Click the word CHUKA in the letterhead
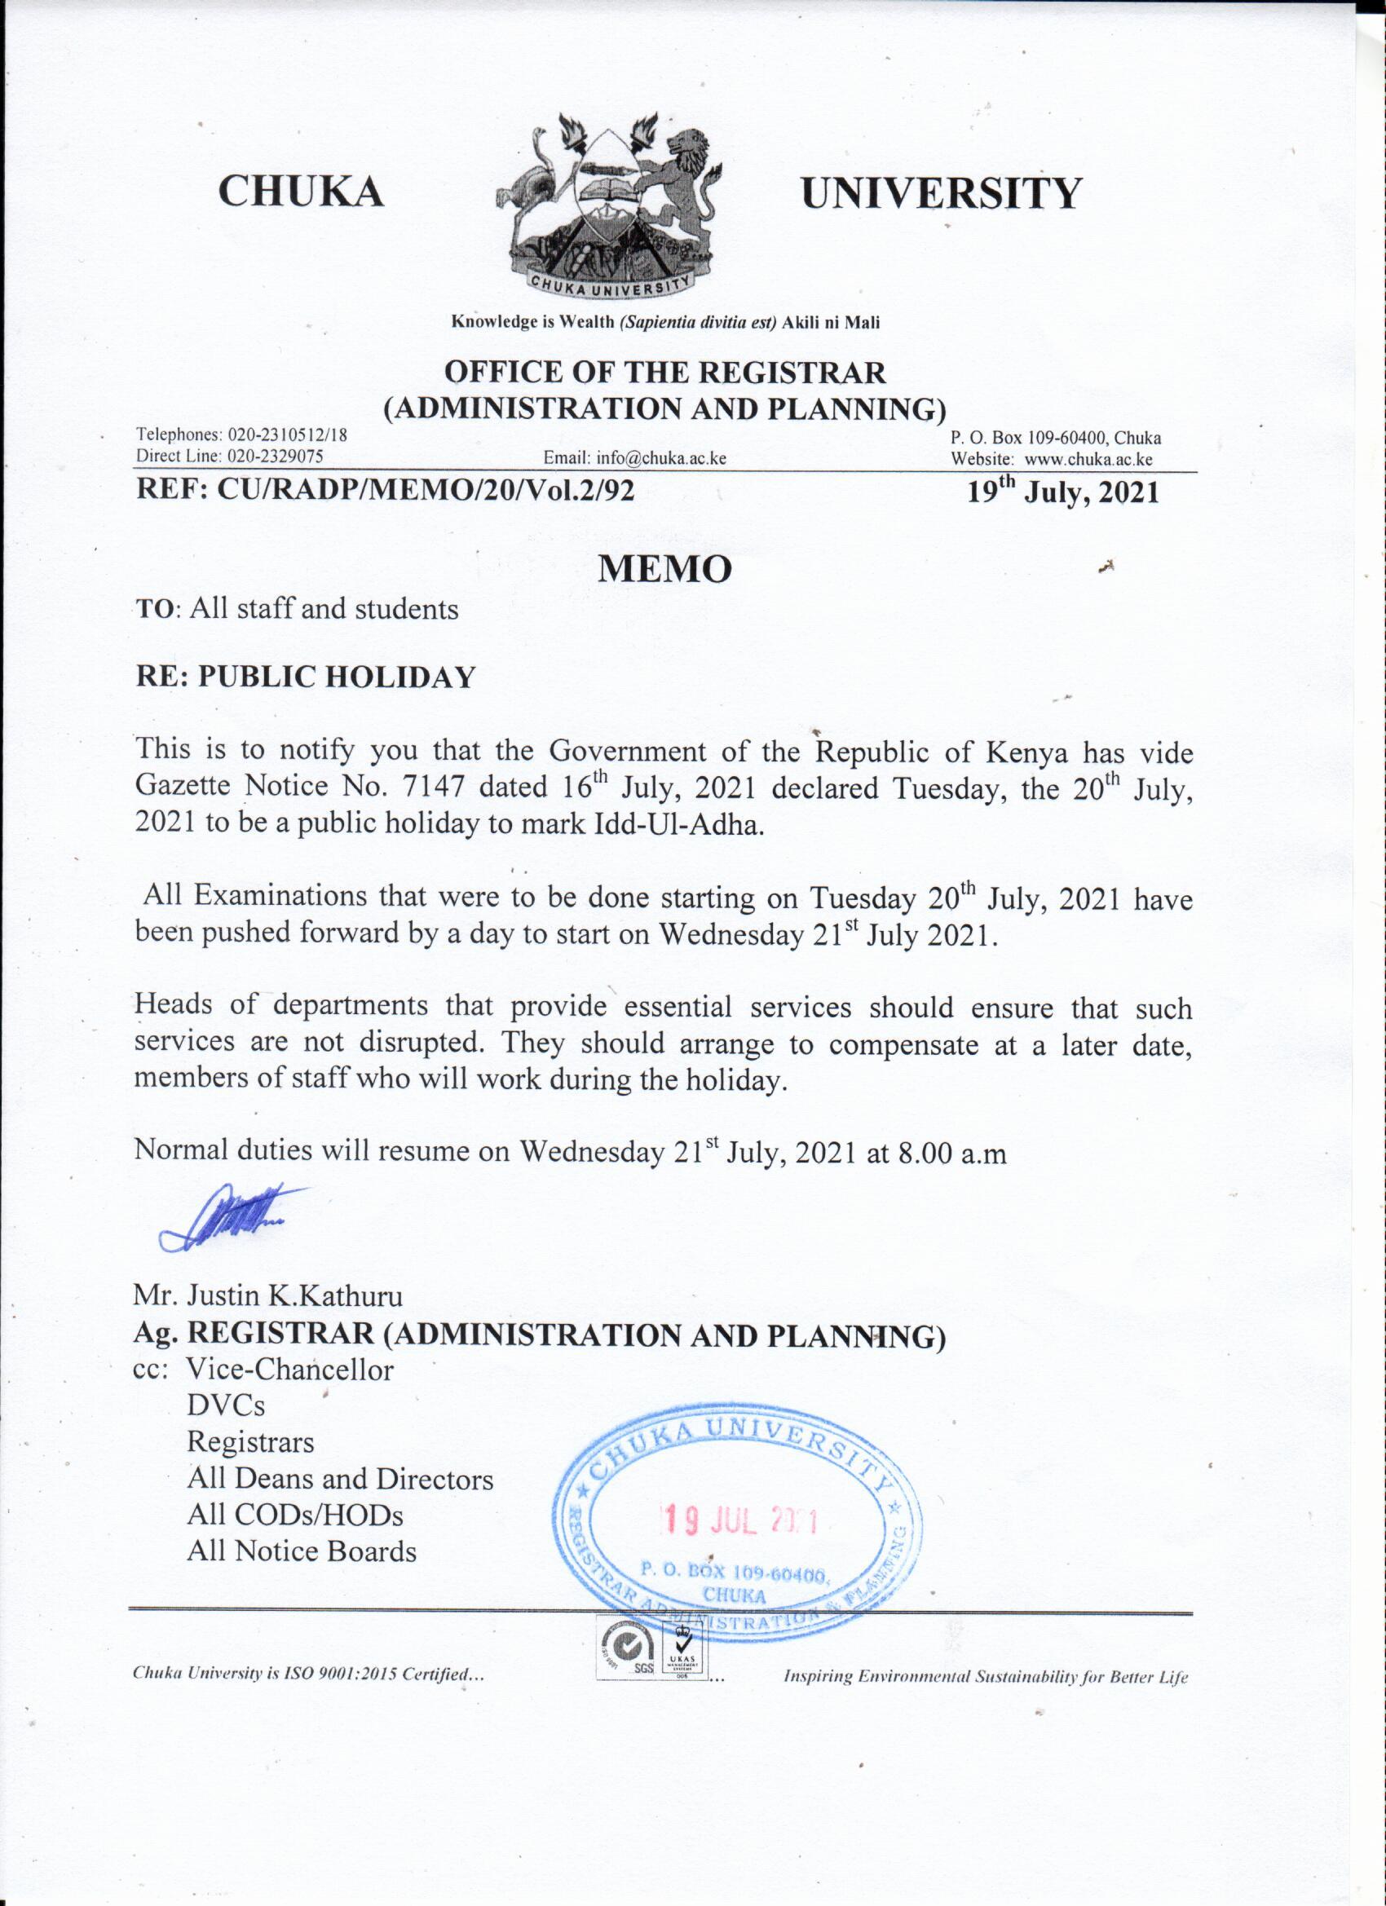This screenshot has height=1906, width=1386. click(301, 192)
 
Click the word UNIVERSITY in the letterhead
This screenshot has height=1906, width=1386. click(941, 193)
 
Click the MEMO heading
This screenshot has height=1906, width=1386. click(664, 570)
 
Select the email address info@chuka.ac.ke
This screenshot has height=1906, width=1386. click(660, 459)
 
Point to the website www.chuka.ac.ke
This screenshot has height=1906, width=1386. click(1088, 460)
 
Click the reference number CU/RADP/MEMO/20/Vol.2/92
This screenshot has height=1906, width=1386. click(426, 490)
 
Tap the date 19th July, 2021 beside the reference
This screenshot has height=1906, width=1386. click(1062, 491)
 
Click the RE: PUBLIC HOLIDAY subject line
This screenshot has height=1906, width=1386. click(306, 677)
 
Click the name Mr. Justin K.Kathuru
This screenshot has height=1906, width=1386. click(268, 1296)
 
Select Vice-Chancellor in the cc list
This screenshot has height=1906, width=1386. click(289, 1370)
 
